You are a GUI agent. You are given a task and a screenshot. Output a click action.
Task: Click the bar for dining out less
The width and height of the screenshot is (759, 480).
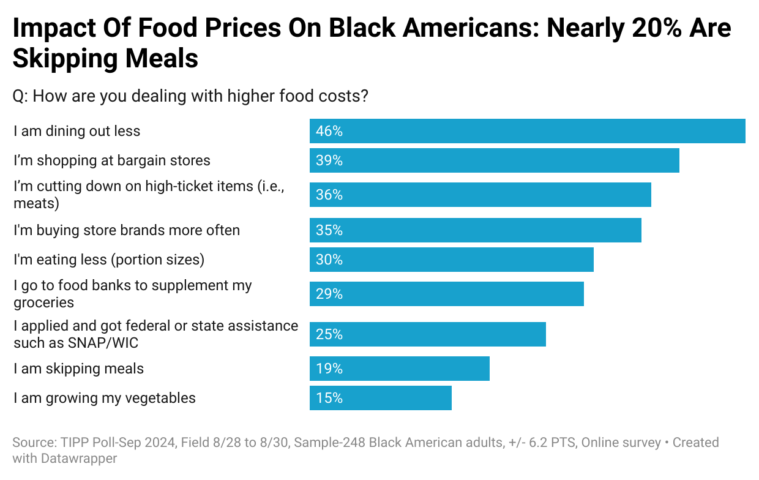(x=527, y=131)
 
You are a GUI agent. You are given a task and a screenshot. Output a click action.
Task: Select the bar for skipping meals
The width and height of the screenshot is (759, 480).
(x=399, y=369)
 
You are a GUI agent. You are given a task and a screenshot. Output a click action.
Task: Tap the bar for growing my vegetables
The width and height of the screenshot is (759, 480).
(x=380, y=398)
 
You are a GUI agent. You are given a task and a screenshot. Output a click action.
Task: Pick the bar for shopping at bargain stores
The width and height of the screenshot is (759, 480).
(x=494, y=160)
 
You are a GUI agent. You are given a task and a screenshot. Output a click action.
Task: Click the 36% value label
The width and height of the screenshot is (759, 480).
(x=329, y=195)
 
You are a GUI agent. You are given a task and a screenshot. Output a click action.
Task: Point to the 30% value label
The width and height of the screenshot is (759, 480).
(x=329, y=260)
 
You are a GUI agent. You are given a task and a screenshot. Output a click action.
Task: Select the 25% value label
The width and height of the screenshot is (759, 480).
(x=329, y=334)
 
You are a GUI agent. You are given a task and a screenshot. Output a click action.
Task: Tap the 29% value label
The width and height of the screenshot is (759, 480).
(x=329, y=294)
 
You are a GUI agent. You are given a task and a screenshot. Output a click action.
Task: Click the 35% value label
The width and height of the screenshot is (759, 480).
(x=329, y=230)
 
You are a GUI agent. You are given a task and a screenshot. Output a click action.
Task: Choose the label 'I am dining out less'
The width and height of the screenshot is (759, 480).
(x=77, y=131)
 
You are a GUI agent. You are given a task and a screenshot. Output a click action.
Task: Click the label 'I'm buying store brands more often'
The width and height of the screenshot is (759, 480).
(x=127, y=230)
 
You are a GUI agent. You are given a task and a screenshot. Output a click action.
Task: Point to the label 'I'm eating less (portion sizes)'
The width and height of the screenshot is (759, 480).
(x=109, y=260)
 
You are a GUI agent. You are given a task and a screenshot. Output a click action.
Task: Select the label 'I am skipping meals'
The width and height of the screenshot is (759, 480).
(x=79, y=369)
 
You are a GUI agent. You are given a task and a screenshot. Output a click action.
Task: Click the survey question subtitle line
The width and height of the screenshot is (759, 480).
(x=190, y=96)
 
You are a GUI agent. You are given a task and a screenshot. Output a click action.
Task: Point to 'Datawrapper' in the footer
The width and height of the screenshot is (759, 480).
(x=79, y=457)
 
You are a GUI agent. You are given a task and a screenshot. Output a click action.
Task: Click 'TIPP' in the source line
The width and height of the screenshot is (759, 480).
(x=74, y=442)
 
